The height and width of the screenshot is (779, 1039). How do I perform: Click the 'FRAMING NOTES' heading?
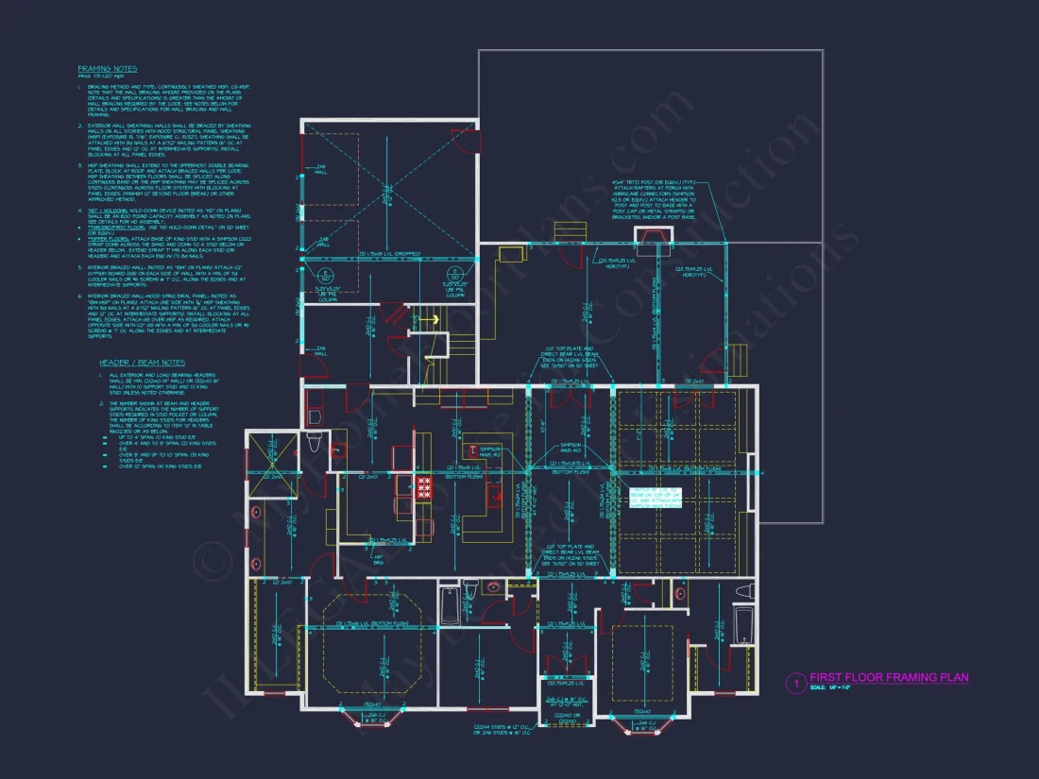tap(107, 69)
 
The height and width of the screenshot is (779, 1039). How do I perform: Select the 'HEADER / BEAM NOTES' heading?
tap(143, 363)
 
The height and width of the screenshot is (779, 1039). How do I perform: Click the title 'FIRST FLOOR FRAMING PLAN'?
tap(889, 677)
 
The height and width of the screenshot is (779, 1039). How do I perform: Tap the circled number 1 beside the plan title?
tap(795, 682)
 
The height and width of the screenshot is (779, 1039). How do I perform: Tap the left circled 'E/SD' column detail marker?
tap(325, 276)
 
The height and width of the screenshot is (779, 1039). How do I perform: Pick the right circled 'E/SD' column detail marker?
tap(451, 276)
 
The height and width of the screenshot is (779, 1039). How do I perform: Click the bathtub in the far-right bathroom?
tap(744, 624)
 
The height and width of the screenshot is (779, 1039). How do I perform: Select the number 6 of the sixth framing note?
tap(80, 296)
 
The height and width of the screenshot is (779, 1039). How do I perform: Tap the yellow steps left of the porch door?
tap(567, 233)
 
